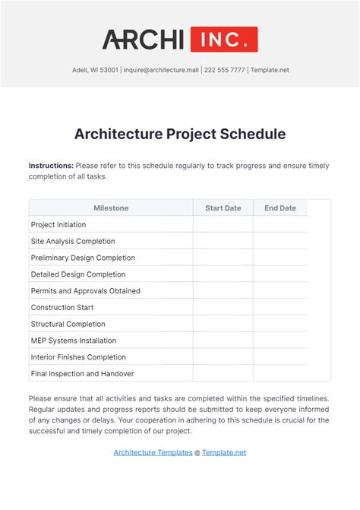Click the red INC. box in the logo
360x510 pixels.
click(223, 39)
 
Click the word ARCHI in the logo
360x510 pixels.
click(144, 39)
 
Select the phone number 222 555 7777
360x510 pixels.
click(224, 70)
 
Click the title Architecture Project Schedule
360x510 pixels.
click(180, 134)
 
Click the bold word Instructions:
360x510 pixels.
click(51, 166)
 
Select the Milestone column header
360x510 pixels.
click(111, 207)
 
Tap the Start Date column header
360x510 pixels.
click(223, 207)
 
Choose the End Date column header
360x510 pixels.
click(280, 207)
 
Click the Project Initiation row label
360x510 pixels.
click(58, 225)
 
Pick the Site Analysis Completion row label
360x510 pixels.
click(73, 241)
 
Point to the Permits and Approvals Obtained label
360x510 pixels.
click(85, 291)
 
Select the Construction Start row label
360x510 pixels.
click(62, 307)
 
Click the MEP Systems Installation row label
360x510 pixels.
click(74, 341)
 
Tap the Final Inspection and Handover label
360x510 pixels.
click(82, 374)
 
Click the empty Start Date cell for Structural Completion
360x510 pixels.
click(223, 324)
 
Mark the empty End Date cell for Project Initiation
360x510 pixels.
click(280, 225)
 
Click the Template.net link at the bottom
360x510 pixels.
click(224, 453)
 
